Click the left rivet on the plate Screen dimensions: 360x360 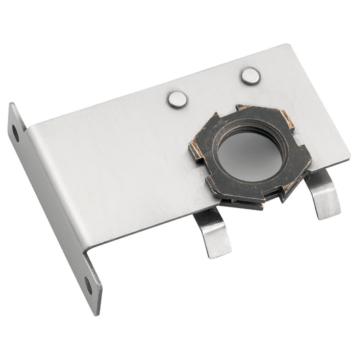click(x=177, y=99)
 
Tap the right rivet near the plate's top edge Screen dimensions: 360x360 click(x=250, y=76)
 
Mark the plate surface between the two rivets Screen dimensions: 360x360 click(x=213, y=88)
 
